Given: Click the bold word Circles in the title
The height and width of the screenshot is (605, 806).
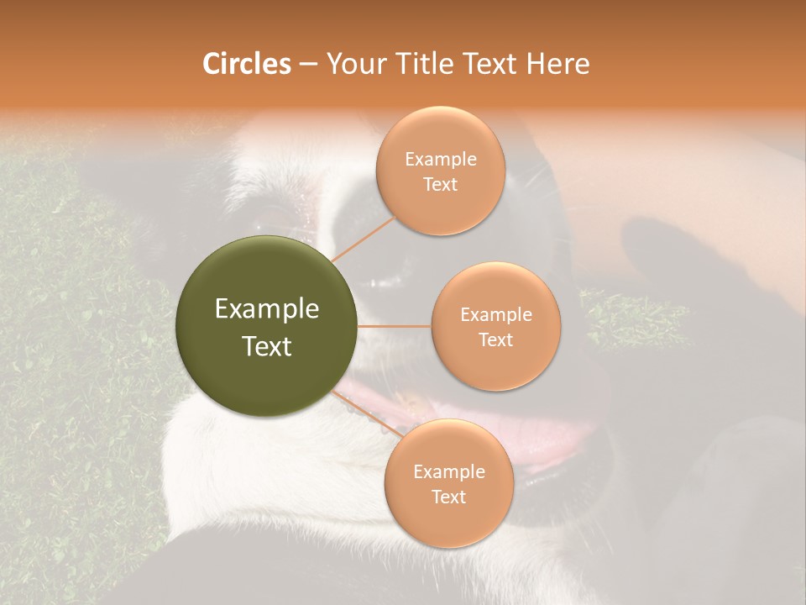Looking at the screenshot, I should [246, 64].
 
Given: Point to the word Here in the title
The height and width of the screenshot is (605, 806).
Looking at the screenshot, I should [558, 64].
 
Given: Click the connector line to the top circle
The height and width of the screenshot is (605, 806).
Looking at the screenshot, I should [363, 239].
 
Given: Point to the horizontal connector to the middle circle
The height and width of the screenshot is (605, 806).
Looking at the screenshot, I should [394, 326].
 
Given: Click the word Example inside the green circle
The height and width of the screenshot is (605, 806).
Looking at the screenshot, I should [267, 309].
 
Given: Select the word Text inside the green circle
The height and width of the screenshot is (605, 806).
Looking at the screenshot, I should [267, 346].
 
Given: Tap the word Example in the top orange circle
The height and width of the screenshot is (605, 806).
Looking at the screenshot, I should [441, 160].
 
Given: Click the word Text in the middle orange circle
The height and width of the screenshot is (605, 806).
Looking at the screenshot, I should [495, 339].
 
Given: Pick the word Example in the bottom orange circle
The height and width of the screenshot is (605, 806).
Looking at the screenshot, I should [449, 472].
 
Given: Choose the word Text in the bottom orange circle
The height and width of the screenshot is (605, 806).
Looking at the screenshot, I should [449, 497].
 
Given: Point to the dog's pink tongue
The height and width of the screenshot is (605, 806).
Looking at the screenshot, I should [546, 441].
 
